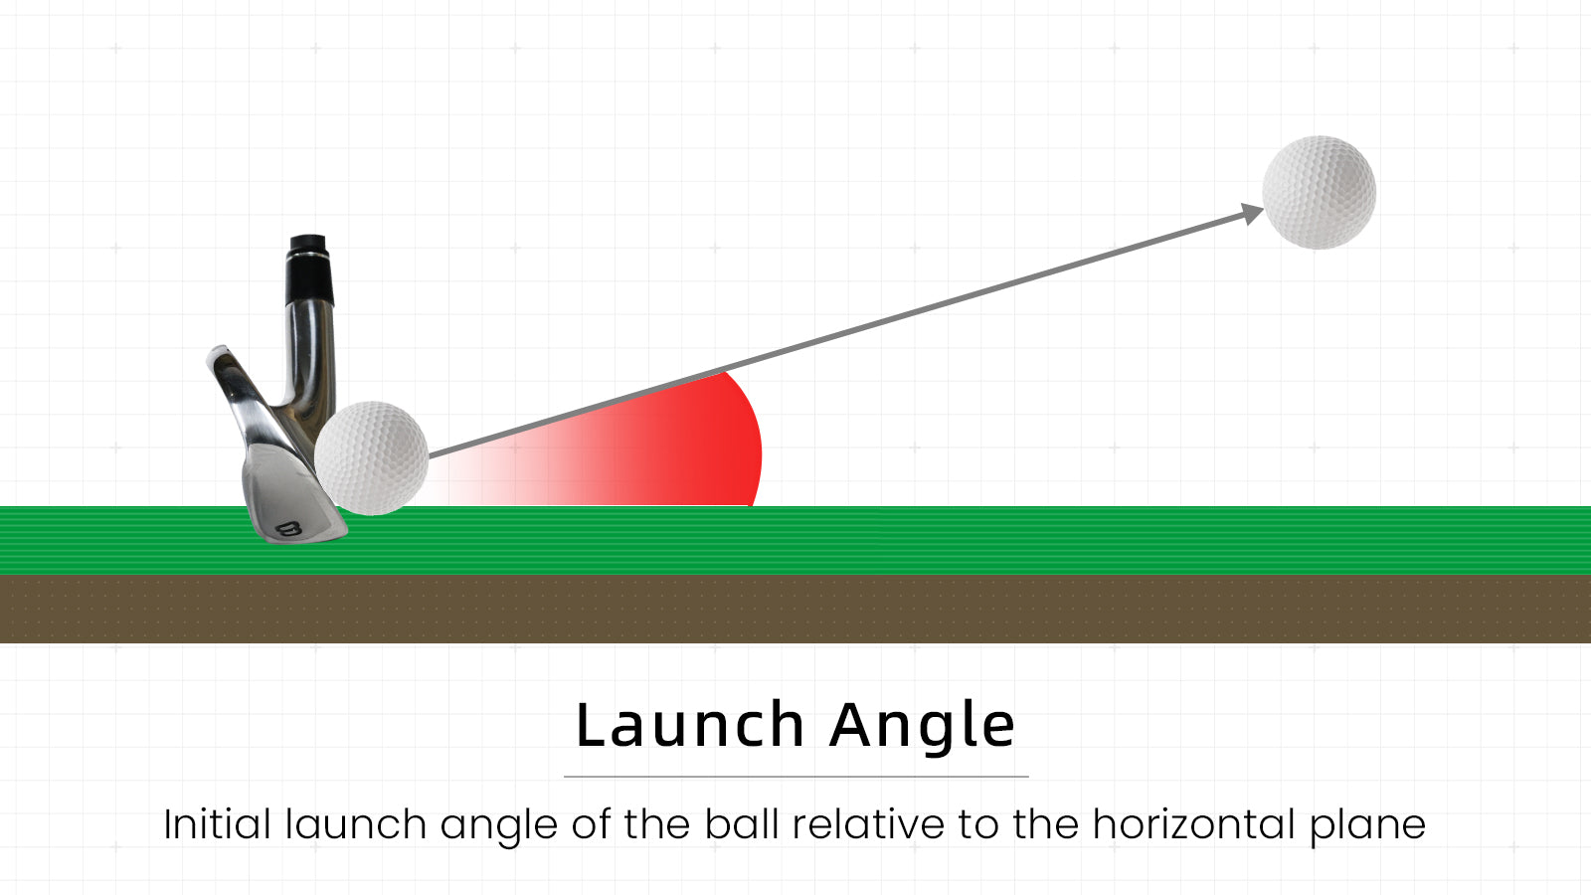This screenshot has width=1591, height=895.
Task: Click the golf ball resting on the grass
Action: [x=372, y=458]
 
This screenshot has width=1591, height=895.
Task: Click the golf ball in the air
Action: [x=1319, y=193]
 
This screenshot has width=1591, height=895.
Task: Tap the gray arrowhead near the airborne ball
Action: [x=1252, y=214]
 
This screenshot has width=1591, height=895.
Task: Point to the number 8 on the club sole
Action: [x=289, y=529]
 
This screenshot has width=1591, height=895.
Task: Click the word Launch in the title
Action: [x=690, y=725]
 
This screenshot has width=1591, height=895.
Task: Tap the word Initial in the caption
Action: [x=218, y=824]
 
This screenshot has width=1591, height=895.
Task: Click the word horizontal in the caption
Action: [x=1194, y=824]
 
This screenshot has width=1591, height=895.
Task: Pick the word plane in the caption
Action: [x=1368, y=827]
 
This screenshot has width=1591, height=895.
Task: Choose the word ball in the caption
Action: [x=742, y=824]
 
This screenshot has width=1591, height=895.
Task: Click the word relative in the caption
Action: [x=869, y=824]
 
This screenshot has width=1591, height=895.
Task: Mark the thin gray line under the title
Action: [x=796, y=777]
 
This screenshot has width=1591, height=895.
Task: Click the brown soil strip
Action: [x=795, y=610]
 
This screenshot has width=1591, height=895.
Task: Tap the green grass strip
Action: [x=795, y=541]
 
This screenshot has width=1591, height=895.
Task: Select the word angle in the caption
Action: [x=498, y=827]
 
